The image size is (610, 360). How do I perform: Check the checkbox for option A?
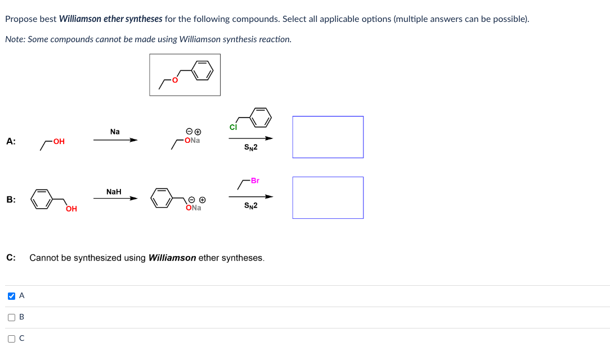(x=11, y=296)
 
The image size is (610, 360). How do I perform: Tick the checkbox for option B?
(x=11, y=317)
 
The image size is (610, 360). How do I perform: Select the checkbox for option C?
(x=11, y=339)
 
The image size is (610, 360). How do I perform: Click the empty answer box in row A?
(x=328, y=137)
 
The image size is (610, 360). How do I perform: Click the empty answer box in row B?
(x=328, y=197)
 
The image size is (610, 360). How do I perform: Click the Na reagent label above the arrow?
(x=115, y=132)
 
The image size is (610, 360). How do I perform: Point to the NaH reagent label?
(x=114, y=192)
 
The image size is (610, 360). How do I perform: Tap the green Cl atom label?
(x=233, y=127)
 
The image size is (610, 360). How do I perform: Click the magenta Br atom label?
(x=255, y=181)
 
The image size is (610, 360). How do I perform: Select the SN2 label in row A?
(x=251, y=147)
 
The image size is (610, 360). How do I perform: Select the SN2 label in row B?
(x=251, y=206)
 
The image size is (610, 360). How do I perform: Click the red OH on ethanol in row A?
(x=59, y=142)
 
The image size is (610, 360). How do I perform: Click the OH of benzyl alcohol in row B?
(x=71, y=209)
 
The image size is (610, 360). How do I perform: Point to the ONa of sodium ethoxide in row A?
(x=192, y=141)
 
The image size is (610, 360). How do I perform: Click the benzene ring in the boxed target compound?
(x=203, y=70)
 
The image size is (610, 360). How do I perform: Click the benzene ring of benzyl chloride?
(x=261, y=117)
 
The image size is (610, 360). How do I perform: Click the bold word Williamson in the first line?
(x=80, y=19)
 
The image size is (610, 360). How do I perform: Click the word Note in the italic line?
(x=14, y=39)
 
